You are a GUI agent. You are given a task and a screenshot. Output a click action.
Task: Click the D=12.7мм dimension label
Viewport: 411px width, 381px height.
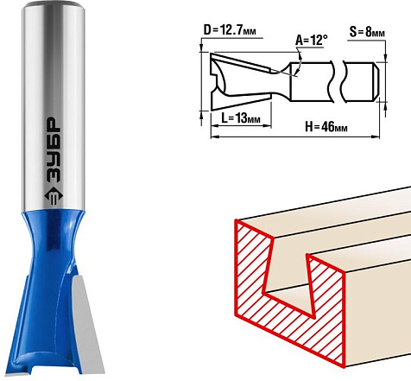pos(230,30)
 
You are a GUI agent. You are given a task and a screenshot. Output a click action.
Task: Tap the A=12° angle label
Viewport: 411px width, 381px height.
pos(311,40)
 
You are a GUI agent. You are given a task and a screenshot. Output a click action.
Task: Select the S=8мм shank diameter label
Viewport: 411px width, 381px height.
pos(367,32)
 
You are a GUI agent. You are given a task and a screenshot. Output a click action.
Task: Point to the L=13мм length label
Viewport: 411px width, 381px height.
pos(241,117)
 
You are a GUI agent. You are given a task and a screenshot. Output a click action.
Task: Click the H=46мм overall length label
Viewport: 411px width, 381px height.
pos(326,127)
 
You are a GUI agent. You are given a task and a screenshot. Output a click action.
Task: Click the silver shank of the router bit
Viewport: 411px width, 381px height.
pos(54,106)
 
